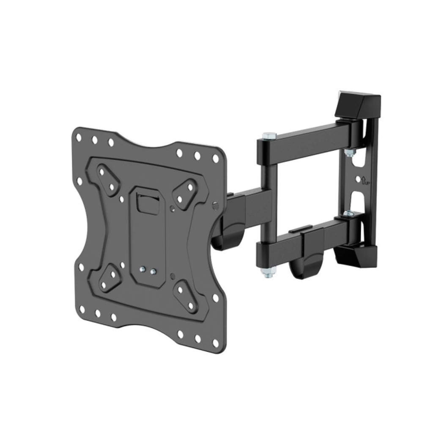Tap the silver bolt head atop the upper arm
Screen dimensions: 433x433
click(267, 136)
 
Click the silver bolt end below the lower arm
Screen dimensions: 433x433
click(267, 273)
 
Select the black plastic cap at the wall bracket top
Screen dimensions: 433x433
click(358, 104)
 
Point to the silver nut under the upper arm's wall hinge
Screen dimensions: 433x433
click(349, 153)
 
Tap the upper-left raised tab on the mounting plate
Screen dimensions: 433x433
click(107, 180)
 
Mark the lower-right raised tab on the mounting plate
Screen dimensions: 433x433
click(185, 297)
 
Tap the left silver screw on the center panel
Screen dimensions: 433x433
click(144, 269)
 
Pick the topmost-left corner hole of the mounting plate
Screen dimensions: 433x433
click(78, 137)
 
